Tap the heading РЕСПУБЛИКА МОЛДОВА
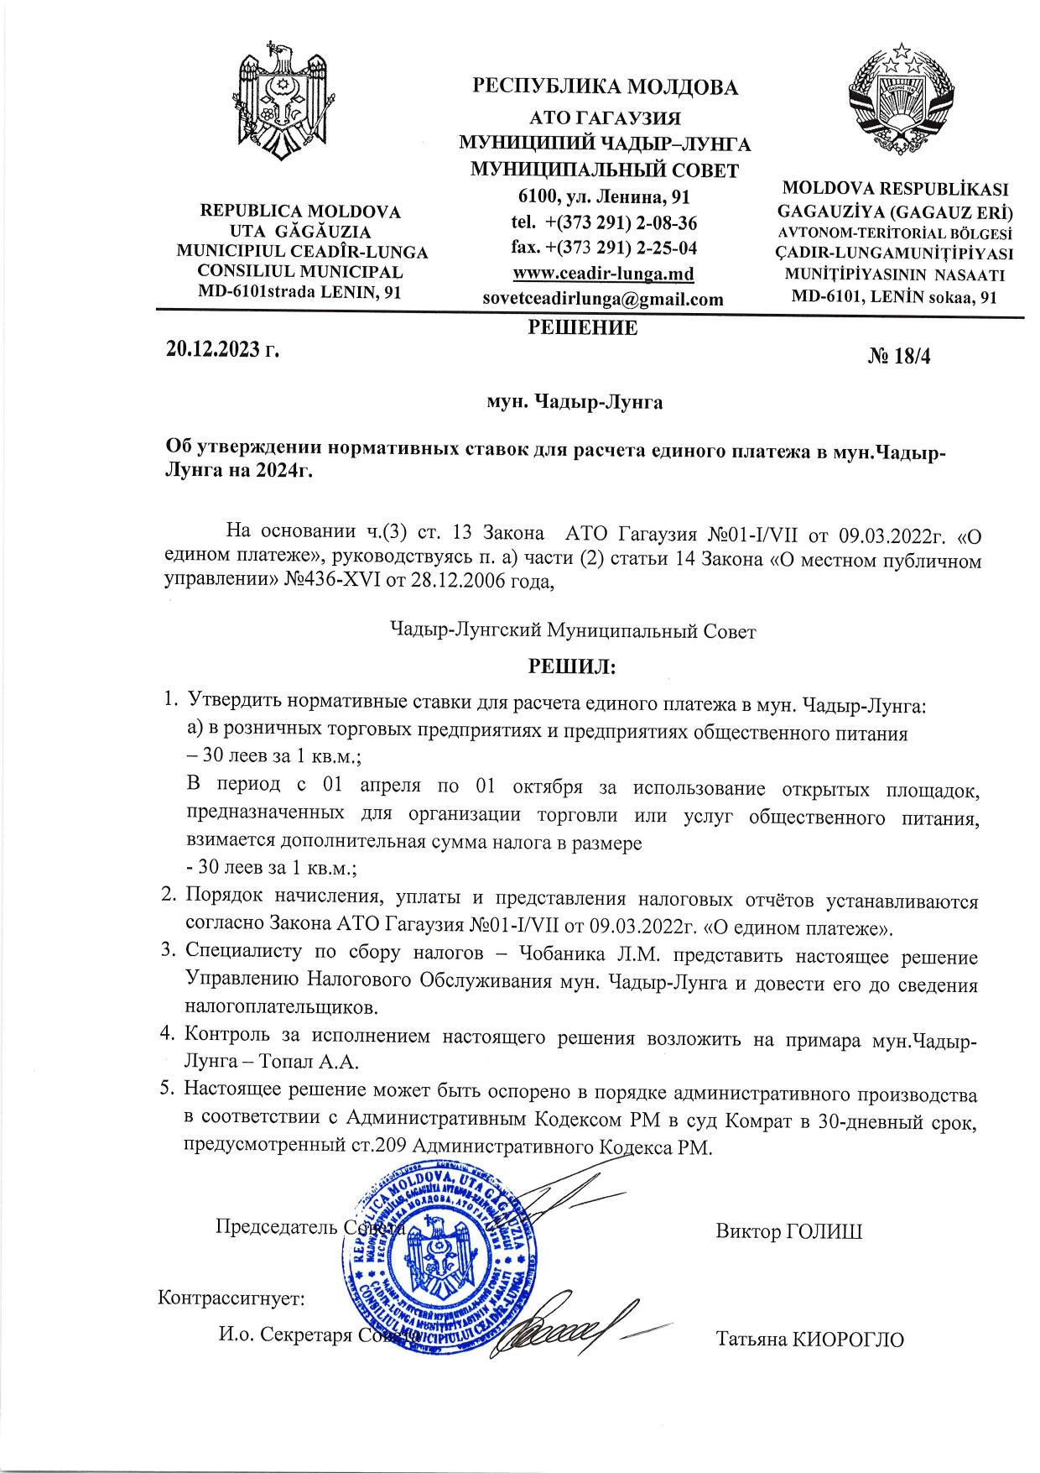[x=605, y=87]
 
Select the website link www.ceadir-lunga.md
[x=603, y=274]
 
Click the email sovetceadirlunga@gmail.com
[x=603, y=299]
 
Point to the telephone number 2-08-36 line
[x=604, y=223]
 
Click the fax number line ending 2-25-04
[x=604, y=248]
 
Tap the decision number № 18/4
[x=899, y=357]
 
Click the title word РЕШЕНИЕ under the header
[x=582, y=328]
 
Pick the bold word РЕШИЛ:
[x=571, y=667]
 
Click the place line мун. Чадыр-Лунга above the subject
[x=575, y=403]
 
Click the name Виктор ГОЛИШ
[x=788, y=1231]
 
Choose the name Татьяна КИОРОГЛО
[x=809, y=1339]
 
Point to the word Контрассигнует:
[x=231, y=1298]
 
